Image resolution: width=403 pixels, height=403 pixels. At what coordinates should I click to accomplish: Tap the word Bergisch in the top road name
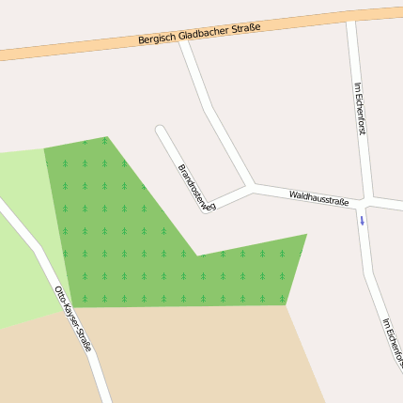click(x=157, y=38)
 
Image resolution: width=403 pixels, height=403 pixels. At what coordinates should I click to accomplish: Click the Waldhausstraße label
click(x=318, y=197)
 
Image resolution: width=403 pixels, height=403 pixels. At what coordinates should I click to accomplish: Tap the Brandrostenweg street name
click(x=196, y=187)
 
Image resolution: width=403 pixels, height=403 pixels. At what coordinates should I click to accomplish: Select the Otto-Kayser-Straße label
click(x=72, y=318)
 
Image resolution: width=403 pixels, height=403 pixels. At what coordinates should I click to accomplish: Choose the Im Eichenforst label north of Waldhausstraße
click(x=360, y=109)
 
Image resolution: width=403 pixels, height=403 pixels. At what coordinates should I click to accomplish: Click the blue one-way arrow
click(x=362, y=221)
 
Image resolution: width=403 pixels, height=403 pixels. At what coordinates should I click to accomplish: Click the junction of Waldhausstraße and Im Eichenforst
click(x=364, y=201)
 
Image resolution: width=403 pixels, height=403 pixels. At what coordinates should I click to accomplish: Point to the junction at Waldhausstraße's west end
click(x=251, y=186)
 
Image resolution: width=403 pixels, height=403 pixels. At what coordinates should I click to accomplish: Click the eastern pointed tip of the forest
click(x=305, y=235)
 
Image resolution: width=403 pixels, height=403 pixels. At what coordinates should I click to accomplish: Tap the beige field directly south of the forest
click(x=197, y=352)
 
